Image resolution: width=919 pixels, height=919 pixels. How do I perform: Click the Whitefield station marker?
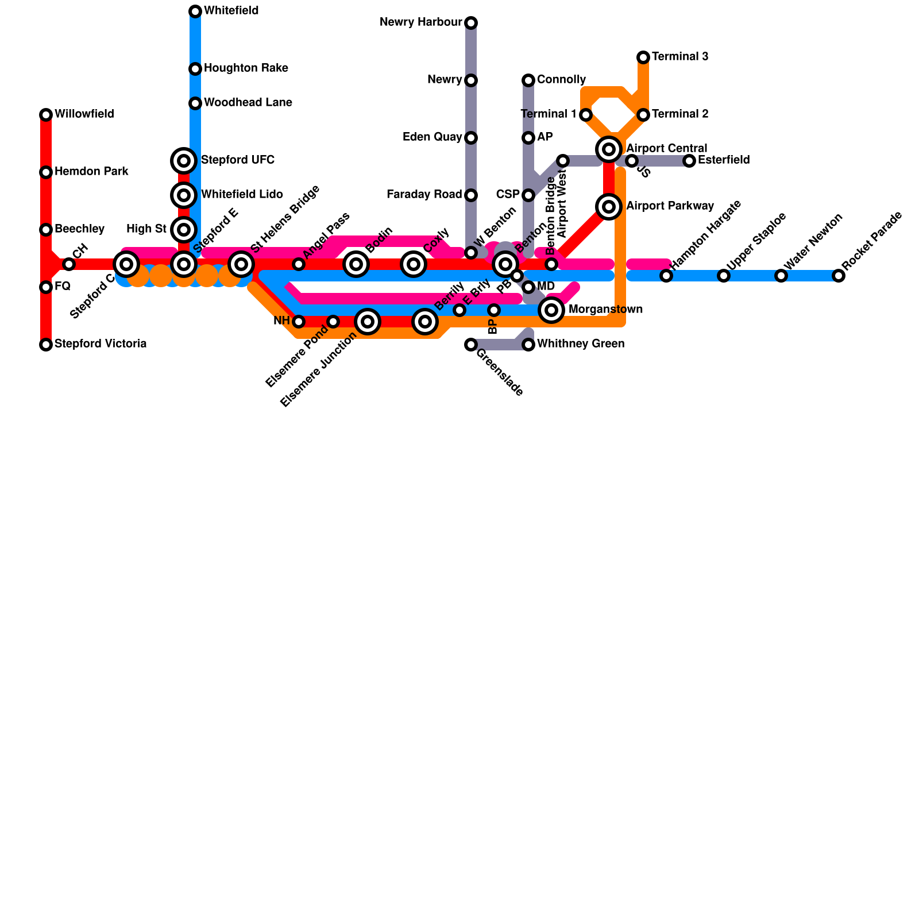pyautogui.click(x=195, y=11)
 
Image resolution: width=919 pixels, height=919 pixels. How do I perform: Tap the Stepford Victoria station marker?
pyautogui.click(x=46, y=345)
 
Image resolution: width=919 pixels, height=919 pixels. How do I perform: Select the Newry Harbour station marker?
pyautogui.click(x=471, y=23)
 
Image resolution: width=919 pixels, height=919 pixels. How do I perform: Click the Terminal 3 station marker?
pyautogui.click(x=643, y=57)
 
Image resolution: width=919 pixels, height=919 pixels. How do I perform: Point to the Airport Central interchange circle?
pyautogui.click(x=609, y=149)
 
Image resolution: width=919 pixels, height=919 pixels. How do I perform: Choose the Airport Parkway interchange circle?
pyautogui.click(x=609, y=207)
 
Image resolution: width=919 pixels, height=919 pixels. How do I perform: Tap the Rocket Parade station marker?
pyautogui.click(x=839, y=276)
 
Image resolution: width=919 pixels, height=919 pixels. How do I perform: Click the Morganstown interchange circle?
pyautogui.click(x=551, y=310)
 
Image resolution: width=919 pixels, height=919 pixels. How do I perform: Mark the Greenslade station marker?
pyautogui.click(x=471, y=345)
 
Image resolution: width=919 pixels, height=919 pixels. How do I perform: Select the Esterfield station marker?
pyautogui.click(x=689, y=161)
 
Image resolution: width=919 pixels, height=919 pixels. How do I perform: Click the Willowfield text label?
pyautogui.click(x=84, y=114)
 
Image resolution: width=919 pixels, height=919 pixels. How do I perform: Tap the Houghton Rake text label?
pyautogui.click(x=246, y=68)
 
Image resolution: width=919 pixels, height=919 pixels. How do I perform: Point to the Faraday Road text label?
pyautogui.click(x=424, y=195)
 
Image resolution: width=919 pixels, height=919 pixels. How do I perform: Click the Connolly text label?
pyautogui.click(x=561, y=80)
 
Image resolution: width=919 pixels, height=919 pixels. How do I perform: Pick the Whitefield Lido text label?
pyautogui.click(x=242, y=195)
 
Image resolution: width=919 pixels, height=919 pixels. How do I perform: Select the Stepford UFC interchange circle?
pyautogui.click(x=184, y=161)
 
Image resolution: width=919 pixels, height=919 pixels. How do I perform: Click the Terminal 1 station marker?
pyautogui.click(x=586, y=115)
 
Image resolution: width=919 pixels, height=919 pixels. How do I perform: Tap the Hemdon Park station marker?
pyautogui.click(x=46, y=172)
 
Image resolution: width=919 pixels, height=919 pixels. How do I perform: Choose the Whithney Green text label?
pyautogui.click(x=580, y=344)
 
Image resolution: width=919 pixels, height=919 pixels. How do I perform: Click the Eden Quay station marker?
pyautogui.click(x=471, y=138)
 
